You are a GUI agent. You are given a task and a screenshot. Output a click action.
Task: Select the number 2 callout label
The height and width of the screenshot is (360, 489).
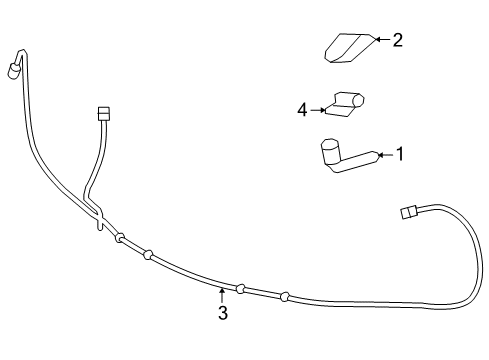397,40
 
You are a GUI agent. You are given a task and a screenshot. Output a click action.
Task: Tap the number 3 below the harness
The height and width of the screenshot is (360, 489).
222,313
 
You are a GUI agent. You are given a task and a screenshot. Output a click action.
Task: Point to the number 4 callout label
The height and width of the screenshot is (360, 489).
303,109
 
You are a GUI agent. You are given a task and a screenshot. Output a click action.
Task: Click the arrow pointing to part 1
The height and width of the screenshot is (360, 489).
385,154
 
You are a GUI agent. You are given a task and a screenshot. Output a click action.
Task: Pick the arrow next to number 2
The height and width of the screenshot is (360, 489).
382,40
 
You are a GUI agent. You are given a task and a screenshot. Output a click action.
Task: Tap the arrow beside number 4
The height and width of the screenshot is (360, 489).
320,109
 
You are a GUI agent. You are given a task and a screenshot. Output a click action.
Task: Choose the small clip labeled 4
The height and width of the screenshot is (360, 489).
348,105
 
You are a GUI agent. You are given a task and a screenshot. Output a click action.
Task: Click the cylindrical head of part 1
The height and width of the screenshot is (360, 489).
329,152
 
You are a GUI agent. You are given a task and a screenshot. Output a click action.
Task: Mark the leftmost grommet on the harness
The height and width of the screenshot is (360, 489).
119,238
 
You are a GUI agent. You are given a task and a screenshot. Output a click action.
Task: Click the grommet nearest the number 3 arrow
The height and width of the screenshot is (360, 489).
240,288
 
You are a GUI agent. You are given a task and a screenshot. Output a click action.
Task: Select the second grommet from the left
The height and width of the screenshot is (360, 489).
147,254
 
